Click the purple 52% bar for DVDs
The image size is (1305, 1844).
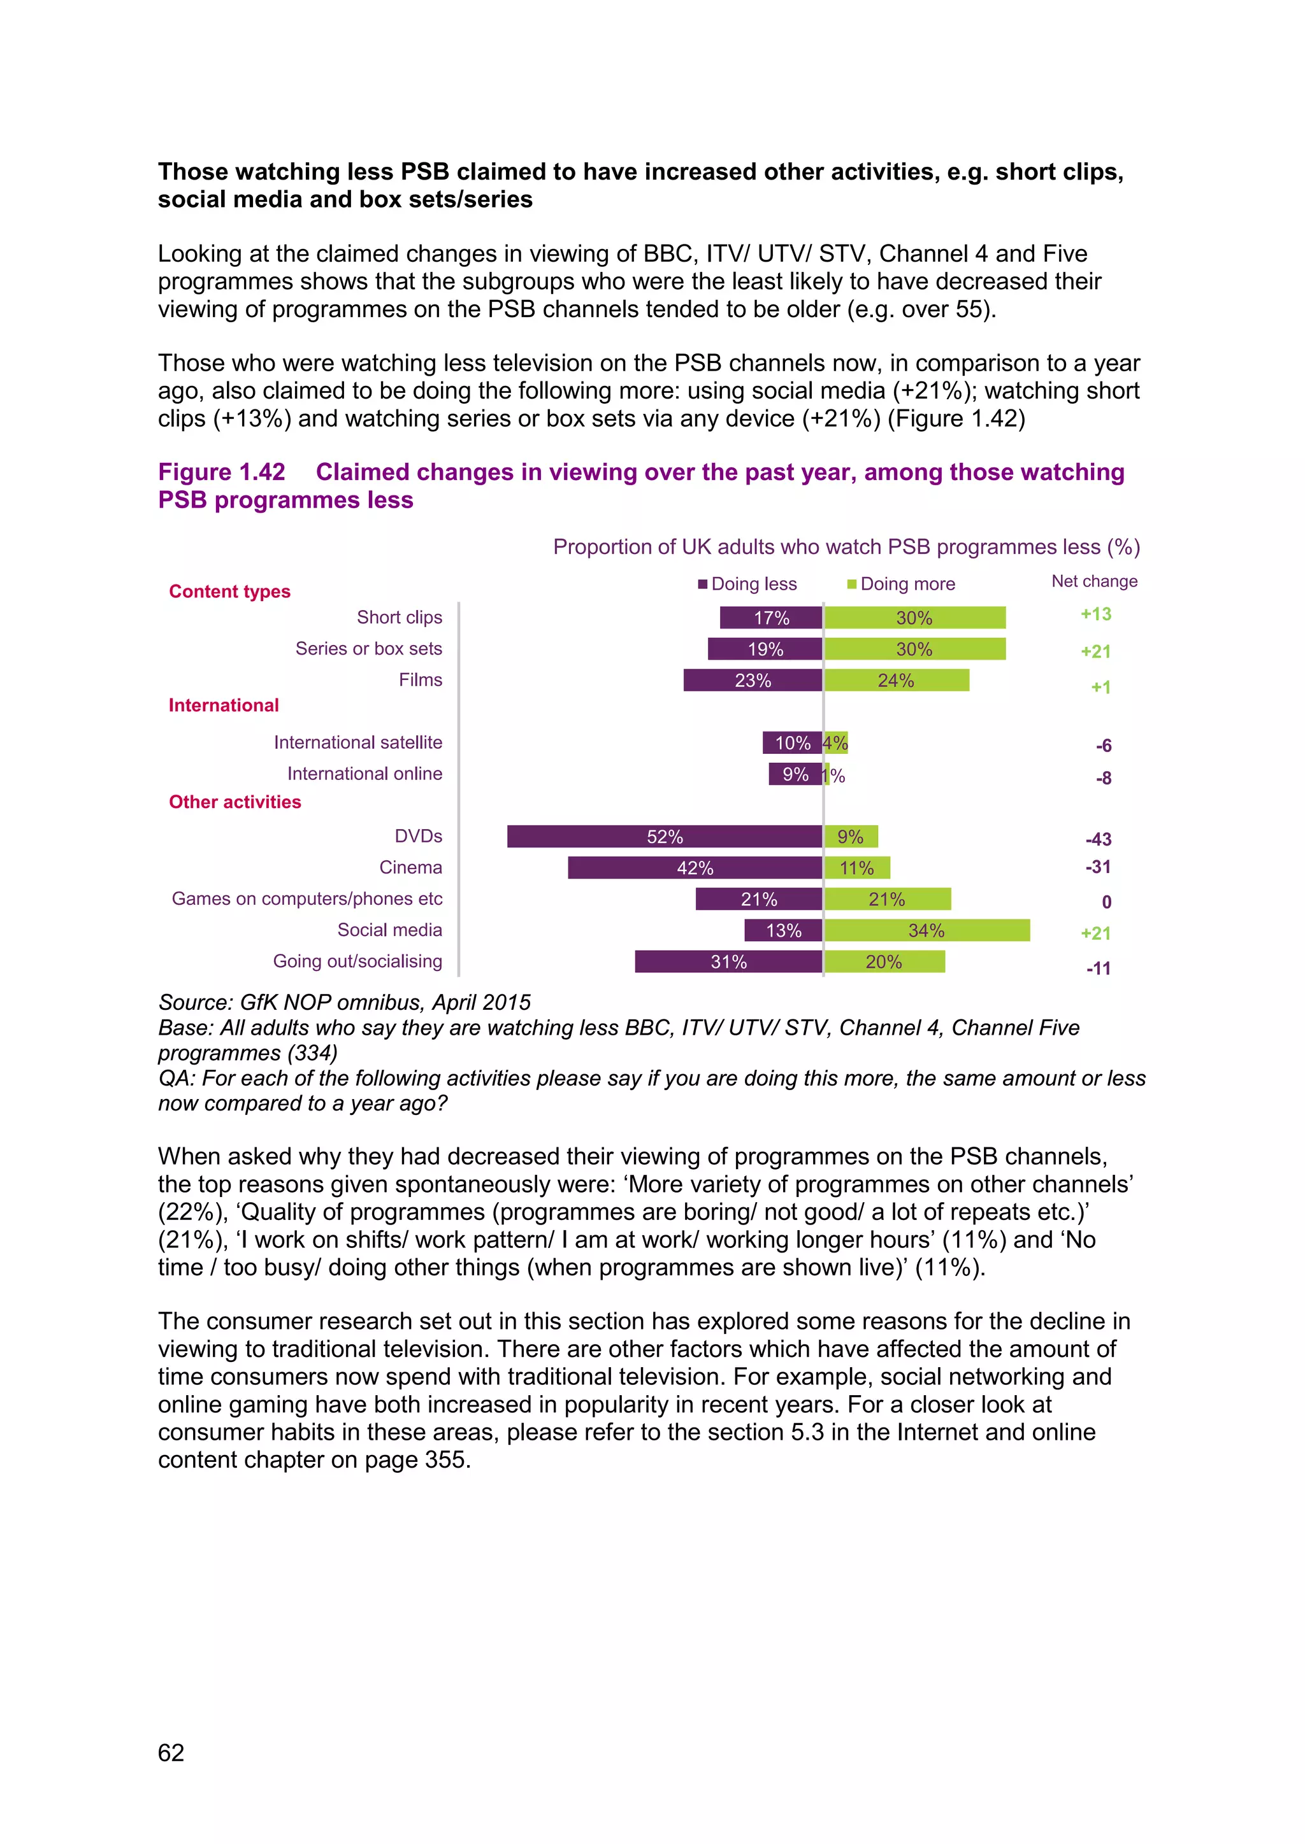coord(665,836)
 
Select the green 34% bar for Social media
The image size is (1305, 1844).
coord(926,930)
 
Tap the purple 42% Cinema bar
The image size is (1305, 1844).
coord(695,867)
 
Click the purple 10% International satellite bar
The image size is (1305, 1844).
coord(792,743)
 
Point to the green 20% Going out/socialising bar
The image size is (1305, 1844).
coord(884,961)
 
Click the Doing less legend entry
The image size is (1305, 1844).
coord(747,584)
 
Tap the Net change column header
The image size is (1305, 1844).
coord(1095,581)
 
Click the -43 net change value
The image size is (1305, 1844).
coord(1099,839)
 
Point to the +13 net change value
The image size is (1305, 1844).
coord(1096,614)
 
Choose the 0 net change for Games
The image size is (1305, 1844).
coord(1107,902)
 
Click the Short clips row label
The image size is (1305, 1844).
coord(400,617)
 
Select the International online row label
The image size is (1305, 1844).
coord(365,774)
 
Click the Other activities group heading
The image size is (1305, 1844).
coord(234,802)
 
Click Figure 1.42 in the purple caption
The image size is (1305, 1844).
coord(222,472)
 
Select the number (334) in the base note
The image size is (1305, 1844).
coord(314,1053)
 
